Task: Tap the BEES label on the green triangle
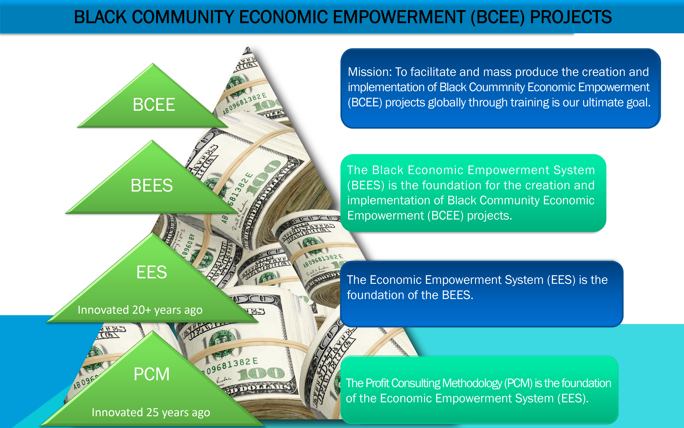point(152,185)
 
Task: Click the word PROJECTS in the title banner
point(571,17)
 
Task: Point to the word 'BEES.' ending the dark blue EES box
point(458,295)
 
